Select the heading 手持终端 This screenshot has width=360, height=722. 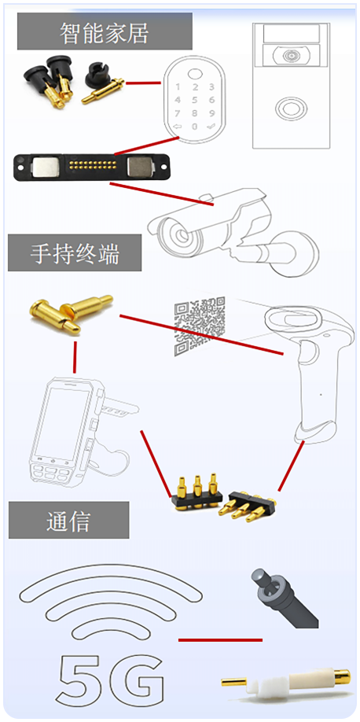coord(75,253)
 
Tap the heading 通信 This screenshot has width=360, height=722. coord(68,521)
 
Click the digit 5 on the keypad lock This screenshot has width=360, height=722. coord(195,100)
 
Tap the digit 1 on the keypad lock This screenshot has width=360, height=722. coord(178,87)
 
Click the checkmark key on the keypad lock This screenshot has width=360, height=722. coord(211,126)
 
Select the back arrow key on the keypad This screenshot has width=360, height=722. coord(178,127)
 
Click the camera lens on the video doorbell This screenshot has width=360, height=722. coord(291,57)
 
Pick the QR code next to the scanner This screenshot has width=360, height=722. coord(200,326)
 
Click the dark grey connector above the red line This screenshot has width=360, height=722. coord(283,598)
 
